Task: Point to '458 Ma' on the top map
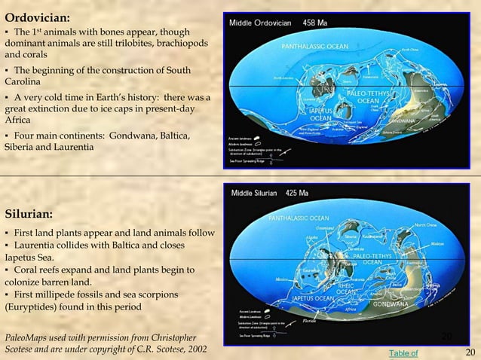(x=314, y=23)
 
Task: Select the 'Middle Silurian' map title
(x=253, y=192)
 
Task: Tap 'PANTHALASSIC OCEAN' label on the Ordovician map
(x=315, y=47)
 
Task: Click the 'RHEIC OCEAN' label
(x=346, y=289)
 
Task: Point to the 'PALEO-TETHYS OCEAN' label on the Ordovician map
(x=367, y=96)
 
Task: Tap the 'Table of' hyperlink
(x=403, y=352)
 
